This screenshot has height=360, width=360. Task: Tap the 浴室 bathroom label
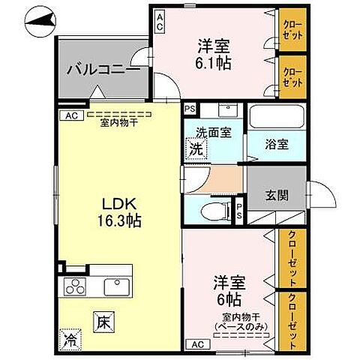[276, 145]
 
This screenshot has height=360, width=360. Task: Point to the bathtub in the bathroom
[275, 117]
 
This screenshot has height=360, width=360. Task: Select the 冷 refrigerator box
[68, 338]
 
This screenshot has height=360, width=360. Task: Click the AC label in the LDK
[70, 115]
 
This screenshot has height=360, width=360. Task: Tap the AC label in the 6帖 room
[196, 344]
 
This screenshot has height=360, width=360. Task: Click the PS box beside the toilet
[239, 209]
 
